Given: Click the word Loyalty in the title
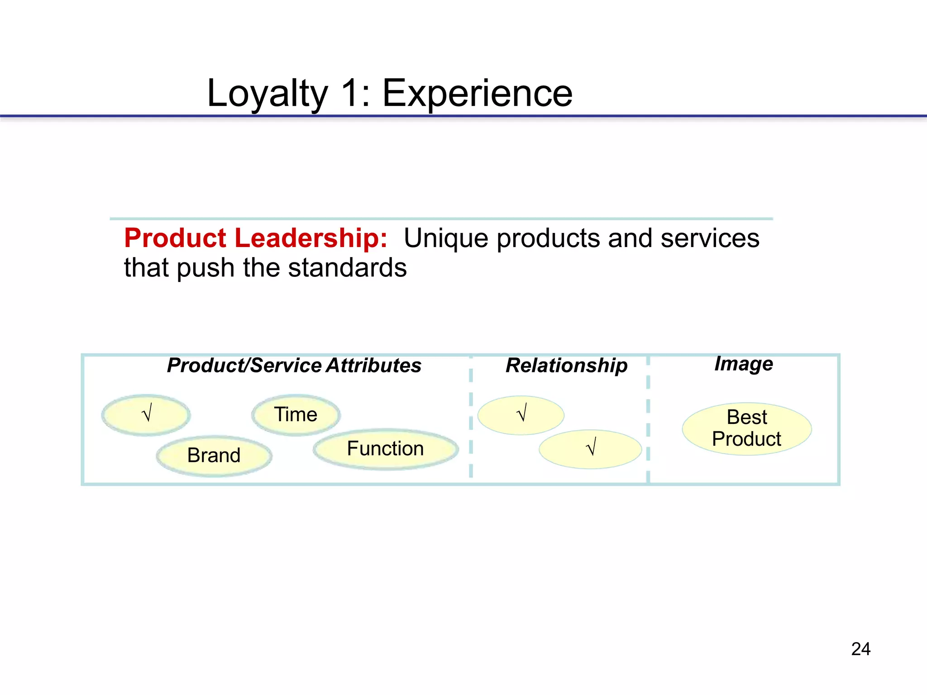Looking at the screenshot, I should [267, 94].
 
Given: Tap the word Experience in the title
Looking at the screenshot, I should [478, 94].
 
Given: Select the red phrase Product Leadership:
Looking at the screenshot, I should [256, 238].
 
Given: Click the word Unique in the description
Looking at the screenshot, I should [445, 238].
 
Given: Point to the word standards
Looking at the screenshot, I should [347, 268].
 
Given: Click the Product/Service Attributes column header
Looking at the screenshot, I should [294, 366].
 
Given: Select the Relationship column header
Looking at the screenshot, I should [566, 366].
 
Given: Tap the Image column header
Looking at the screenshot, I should [743, 364].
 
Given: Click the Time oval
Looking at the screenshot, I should [296, 415].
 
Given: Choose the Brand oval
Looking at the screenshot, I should [214, 456].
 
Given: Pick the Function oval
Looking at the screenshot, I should [386, 449].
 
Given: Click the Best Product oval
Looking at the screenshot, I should [747, 428].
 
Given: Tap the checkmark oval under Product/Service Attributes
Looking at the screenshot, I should [146, 415].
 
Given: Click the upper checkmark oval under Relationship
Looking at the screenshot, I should [521, 415].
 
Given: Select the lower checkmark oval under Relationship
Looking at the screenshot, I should [590, 449].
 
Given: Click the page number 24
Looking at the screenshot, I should [860, 649].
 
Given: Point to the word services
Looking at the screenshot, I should [710, 238].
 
